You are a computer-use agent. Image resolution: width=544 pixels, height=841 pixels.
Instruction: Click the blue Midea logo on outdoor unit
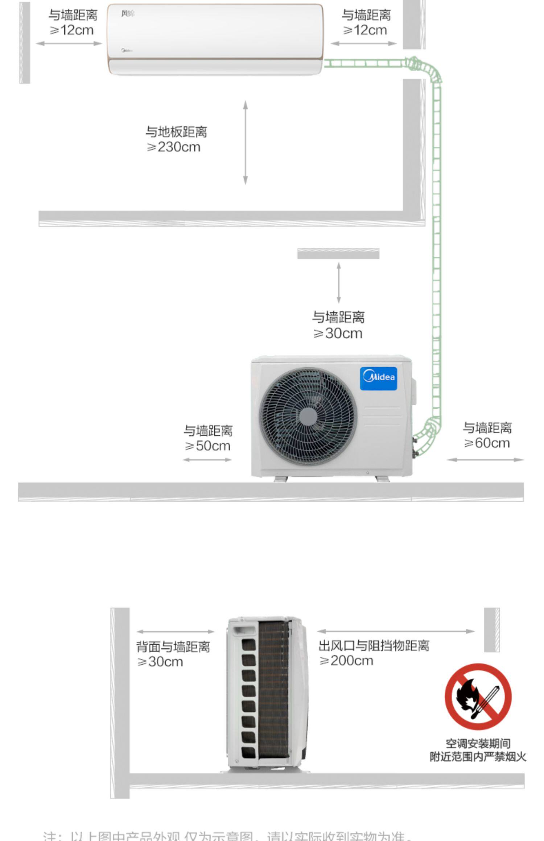378,378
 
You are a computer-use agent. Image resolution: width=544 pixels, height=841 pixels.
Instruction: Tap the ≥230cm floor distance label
173,147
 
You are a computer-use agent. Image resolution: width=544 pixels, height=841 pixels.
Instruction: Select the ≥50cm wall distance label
207,446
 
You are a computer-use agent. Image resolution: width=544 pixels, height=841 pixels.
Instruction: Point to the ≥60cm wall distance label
487,443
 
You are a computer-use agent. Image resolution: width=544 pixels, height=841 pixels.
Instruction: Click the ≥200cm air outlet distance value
346,660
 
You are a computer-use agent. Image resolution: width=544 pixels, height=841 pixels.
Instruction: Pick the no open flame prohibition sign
478,696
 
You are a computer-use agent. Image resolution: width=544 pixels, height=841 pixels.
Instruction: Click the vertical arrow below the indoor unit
246,142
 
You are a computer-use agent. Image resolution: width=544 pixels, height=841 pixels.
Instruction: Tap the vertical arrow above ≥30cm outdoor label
339,283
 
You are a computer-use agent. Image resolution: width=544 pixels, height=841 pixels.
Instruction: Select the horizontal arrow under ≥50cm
207,460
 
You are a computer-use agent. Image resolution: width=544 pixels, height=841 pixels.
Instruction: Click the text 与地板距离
176,132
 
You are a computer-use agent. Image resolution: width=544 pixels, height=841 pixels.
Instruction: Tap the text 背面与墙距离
173,647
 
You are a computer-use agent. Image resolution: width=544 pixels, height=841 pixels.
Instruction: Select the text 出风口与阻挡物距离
374,645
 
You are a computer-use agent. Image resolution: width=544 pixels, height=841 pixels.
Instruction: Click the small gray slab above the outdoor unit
338,254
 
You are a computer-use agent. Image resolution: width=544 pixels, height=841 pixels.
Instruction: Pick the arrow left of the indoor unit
69,43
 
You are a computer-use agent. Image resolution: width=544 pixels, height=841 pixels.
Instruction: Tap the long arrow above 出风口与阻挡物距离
396,631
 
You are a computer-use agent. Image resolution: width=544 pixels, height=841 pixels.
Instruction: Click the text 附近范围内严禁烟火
478,757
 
